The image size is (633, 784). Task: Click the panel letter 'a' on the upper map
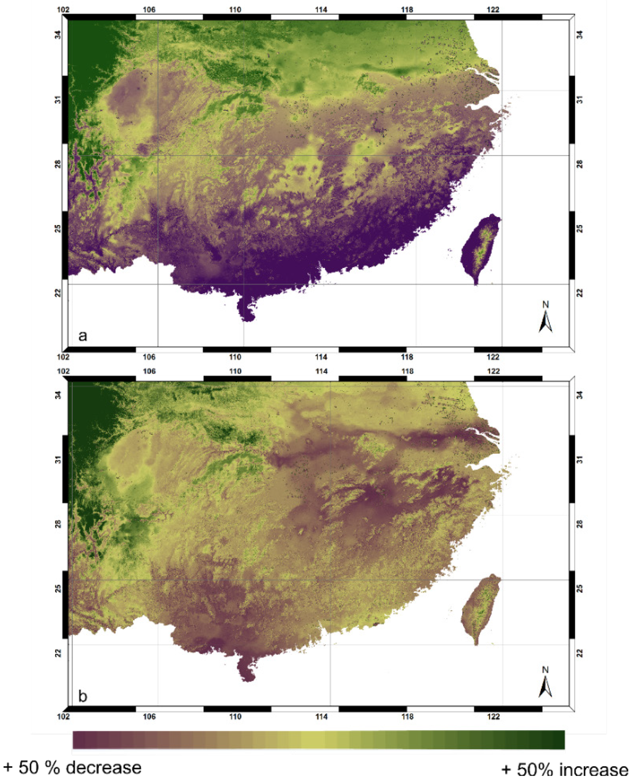[x=83, y=336]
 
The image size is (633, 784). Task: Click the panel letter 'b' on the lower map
[x=83, y=697]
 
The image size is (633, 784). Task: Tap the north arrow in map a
[x=545, y=318]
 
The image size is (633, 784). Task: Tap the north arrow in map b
[x=545, y=683]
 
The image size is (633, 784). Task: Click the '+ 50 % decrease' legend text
[x=72, y=768]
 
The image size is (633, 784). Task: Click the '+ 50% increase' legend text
[x=564, y=770]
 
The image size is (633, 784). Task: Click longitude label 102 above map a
[x=63, y=9]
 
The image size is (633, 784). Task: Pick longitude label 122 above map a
[x=493, y=9]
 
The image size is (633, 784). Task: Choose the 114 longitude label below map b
[x=321, y=717]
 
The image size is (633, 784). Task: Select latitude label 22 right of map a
[x=580, y=292]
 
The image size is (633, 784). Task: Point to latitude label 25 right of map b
[x=580, y=589]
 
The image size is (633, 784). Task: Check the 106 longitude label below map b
[x=149, y=717]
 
